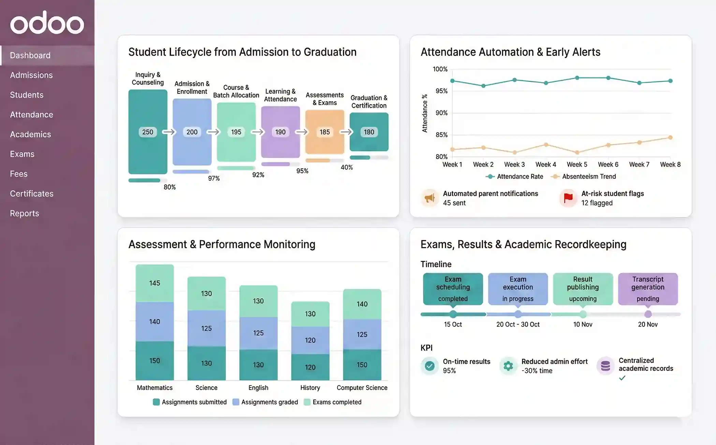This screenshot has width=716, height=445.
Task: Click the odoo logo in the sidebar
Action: (47, 23)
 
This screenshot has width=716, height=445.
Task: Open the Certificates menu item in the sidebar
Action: (32, 194)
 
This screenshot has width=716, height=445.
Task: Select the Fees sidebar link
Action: (19, 174)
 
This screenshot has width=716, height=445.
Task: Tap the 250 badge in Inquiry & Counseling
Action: (148, 132)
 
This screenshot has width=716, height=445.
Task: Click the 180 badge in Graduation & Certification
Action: (369, 132)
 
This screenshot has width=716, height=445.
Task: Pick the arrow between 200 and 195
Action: (213, 132)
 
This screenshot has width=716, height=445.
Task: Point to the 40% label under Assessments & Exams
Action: (347, 167)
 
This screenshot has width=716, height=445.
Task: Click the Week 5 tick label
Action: (577, 164)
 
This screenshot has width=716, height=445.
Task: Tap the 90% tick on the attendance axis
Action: (441, 113)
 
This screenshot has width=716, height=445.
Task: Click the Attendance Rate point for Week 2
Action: (483, 86)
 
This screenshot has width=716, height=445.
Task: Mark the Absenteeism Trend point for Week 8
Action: (670, 137)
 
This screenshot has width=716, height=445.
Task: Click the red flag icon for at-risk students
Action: (568, 198)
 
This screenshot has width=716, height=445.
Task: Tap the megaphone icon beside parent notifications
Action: (429, 198)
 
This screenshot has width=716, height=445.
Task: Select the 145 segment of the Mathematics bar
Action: (155, 283)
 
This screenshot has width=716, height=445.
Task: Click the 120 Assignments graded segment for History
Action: (310, 340)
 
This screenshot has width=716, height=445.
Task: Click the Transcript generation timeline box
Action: (647, 288)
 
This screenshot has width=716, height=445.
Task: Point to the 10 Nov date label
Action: (583, 324)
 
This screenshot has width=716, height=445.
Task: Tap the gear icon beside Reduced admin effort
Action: (508, 366)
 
